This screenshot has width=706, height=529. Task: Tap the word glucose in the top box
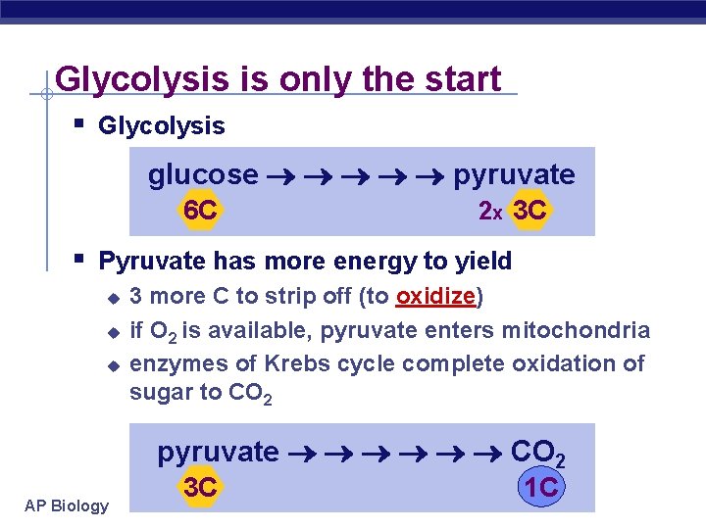point(203,174)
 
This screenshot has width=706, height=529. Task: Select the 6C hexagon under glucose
point(200,211)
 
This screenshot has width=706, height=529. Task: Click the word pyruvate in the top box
point(514,175)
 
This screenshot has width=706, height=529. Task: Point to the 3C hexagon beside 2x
point(530,211)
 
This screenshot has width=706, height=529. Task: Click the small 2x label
point(489,212)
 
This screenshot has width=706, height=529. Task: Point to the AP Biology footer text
point(67,505)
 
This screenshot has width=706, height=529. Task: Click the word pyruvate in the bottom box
point(218,453)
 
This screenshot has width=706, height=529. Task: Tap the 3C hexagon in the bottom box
point(200,487)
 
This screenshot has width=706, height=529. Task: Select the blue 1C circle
point(541,487)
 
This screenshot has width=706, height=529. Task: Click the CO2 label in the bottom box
point(538,454)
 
